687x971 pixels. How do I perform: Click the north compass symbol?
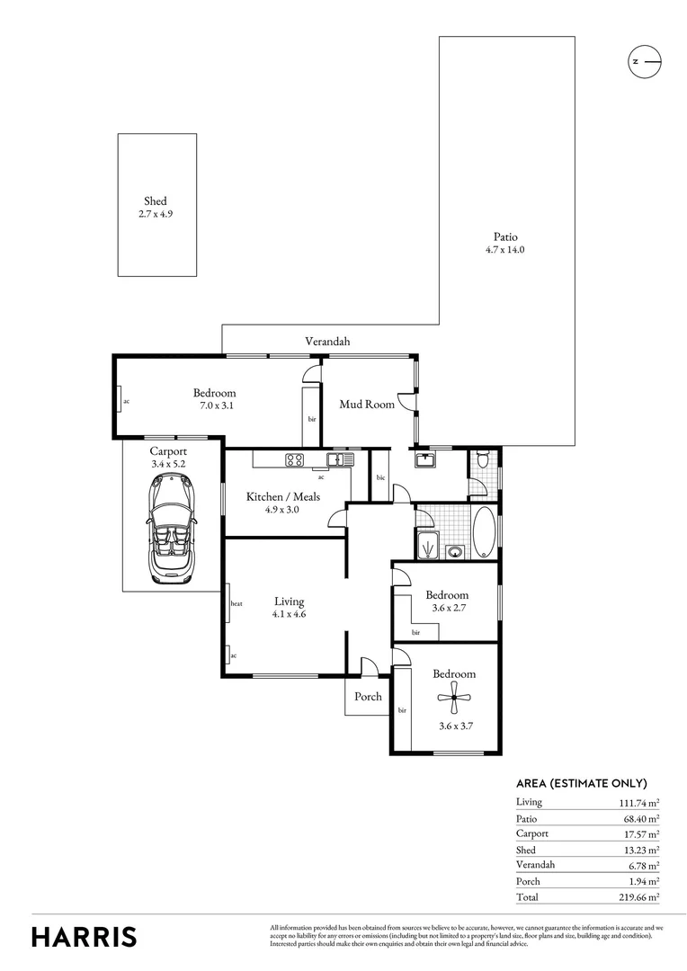(644, 61)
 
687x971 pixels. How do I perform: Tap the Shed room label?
(156, 201)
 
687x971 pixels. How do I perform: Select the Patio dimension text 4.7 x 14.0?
(504, 250)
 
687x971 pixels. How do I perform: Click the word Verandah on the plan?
(327, 342)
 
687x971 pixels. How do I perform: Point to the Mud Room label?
(366, 405)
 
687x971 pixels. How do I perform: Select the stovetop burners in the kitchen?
(294, 459)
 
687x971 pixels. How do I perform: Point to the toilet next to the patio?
(484, 461)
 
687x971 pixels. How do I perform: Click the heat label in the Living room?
(236, 603)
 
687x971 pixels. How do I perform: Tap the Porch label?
(368, 696)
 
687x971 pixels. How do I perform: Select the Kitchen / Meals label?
(283, 496)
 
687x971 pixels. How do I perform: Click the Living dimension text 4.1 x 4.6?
(290, 614)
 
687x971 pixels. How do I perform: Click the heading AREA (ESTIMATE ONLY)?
(581, 783)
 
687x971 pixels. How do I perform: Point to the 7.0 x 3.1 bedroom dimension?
(215, 405)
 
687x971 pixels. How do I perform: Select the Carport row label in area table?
(531, 833)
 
